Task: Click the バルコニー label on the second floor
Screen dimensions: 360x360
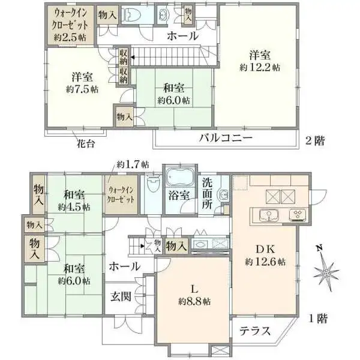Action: point(226,139)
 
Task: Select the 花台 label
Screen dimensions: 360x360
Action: point(84,144)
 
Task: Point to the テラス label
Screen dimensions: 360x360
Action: point(255,331)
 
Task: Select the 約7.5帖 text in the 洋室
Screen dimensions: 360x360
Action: point(82,89)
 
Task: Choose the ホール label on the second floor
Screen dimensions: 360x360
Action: point(182,36)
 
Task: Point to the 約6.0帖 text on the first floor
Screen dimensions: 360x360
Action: point(74,280)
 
